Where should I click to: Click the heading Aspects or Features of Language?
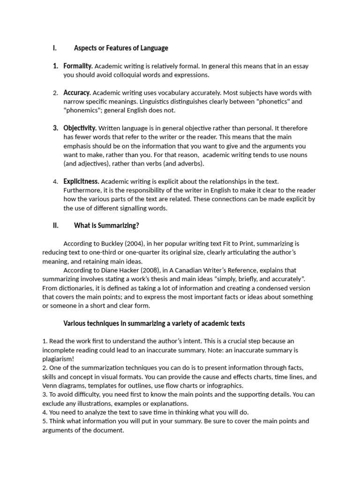coord(121,48)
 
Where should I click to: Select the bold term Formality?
coord(78,66)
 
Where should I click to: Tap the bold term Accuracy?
coord(77,93)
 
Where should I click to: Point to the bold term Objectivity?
coord(80,128)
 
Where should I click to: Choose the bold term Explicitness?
coord(81,181)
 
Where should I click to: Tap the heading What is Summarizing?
coord(106,225)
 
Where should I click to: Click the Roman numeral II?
coord(55,225)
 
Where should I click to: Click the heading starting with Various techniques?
coord(154,323)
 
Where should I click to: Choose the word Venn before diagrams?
coord(49,386)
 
